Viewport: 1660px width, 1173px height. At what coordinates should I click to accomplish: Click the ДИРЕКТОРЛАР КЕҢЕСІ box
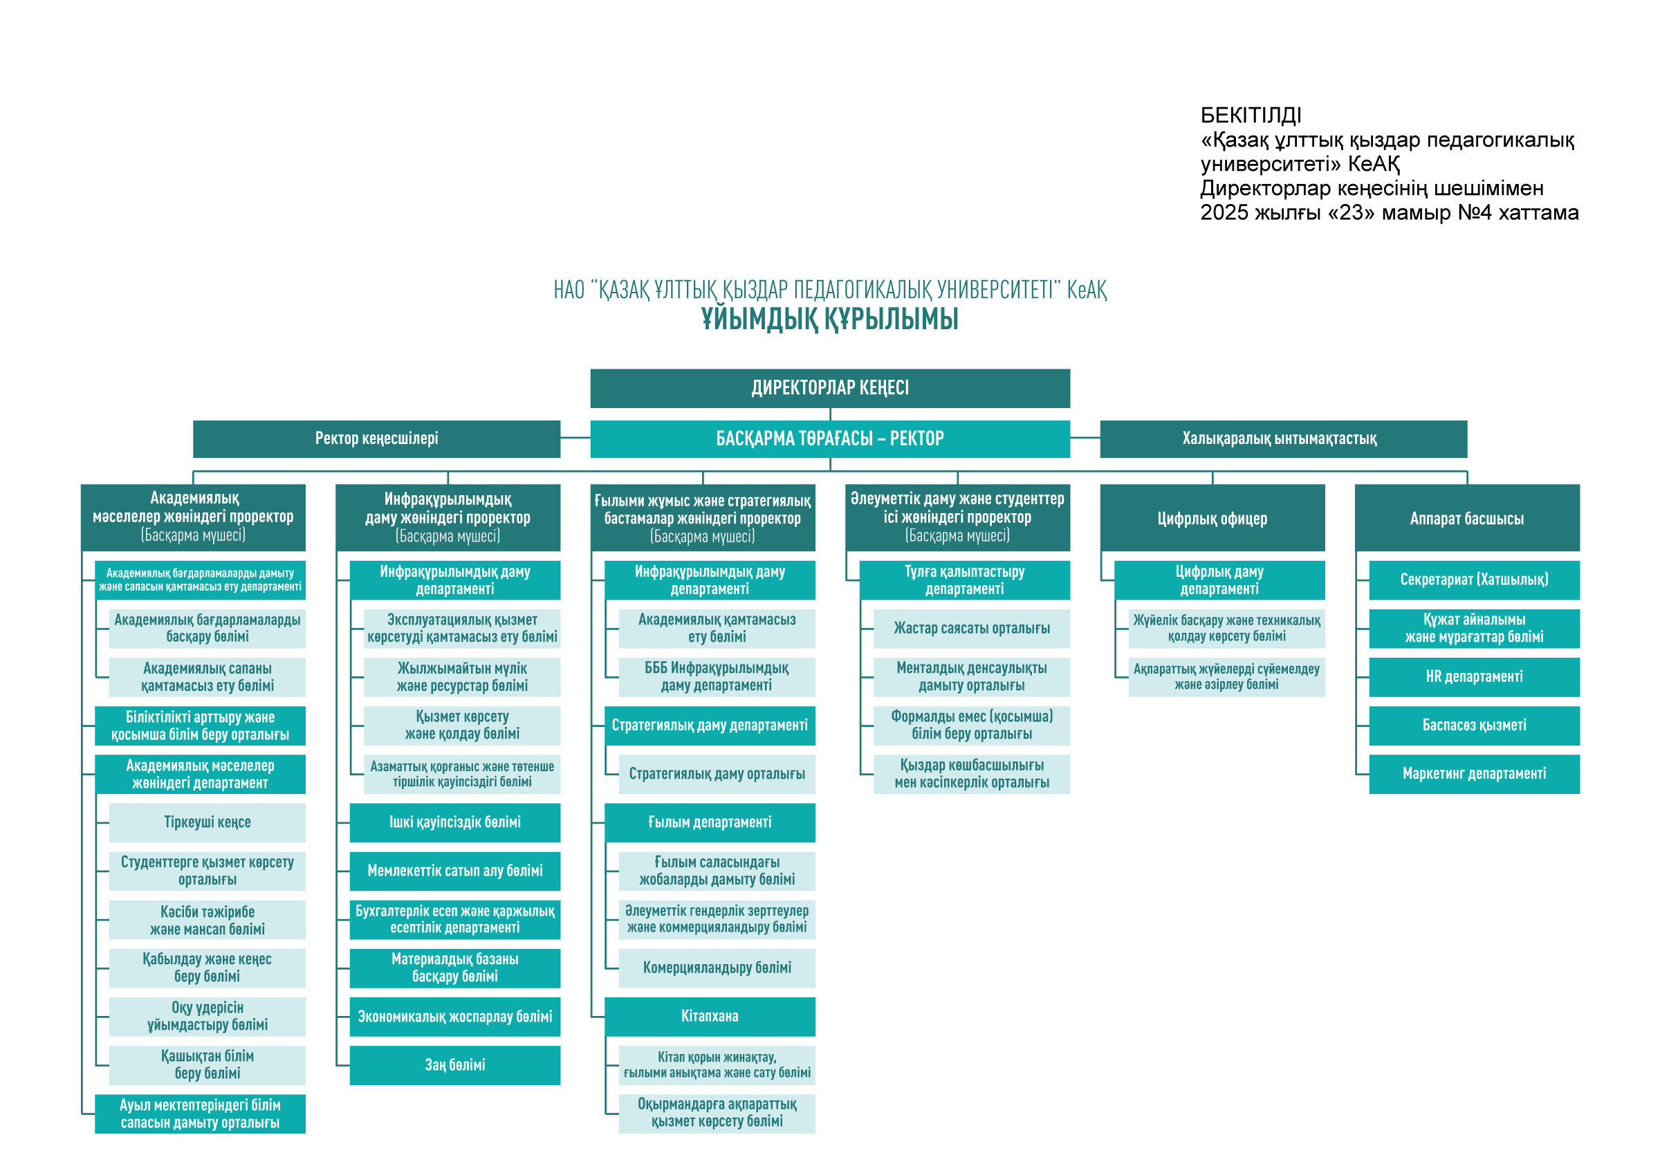(830, 388)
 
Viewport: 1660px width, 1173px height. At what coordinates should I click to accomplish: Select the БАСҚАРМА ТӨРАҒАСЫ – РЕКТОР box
(830, 438)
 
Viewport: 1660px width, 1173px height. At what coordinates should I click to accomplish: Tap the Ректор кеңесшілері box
(377, 438)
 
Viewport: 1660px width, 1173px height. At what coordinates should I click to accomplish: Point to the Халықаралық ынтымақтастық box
(1283, 438)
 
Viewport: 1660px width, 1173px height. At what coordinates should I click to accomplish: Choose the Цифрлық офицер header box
(1212, 517)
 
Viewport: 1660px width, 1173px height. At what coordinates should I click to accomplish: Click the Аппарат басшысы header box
(1467, 517)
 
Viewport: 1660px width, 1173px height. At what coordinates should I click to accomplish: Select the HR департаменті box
(1474, 676)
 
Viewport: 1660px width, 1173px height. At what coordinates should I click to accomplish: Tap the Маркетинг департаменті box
(1474, 774)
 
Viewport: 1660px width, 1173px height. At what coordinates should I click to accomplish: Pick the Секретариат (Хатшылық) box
(1474, 580)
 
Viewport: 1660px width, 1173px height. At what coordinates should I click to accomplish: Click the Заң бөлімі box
(454, 1065)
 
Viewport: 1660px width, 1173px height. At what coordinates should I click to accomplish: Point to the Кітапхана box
(710, 1016)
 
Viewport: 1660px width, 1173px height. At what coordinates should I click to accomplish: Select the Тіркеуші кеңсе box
(207, 822)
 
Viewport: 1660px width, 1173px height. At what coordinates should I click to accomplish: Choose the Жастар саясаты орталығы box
(972, 629)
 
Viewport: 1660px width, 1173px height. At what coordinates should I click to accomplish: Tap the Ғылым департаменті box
(710, 822)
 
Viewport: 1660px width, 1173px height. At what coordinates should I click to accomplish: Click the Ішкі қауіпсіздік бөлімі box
(454, 822)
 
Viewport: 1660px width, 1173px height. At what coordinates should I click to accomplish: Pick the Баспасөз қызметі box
(1474, 726)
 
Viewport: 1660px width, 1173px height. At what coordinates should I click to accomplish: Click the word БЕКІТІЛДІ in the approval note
(1251, 116)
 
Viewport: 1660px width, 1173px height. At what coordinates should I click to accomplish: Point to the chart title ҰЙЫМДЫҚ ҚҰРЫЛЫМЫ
(830, 320)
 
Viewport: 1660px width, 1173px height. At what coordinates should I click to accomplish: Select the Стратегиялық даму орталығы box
(717, 774)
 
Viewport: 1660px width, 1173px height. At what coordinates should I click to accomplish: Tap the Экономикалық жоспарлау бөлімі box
(454, 1017)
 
